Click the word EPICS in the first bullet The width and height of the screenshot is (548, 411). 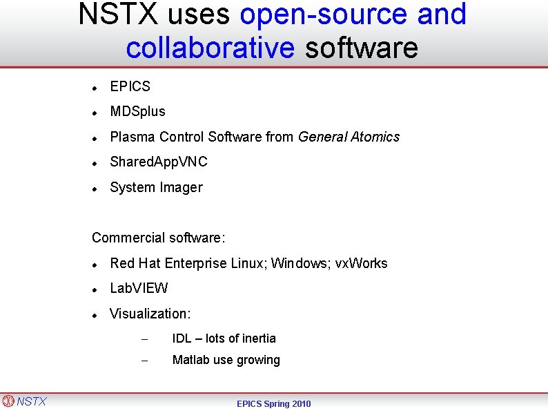130,86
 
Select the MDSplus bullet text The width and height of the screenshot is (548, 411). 137,111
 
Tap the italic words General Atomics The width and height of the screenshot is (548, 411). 349,137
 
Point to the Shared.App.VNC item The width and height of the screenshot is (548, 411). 159,162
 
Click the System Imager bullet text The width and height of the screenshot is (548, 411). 156,187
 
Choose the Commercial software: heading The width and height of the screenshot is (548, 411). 159,238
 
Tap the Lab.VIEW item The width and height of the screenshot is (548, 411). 139,288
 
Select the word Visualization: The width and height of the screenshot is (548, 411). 150,314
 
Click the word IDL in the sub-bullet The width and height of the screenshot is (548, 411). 182,338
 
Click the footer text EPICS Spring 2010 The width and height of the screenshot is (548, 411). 274,403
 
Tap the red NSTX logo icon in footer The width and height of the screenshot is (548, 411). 8,401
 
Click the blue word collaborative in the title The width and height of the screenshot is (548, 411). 211,48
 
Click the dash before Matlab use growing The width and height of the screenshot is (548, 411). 144,361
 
